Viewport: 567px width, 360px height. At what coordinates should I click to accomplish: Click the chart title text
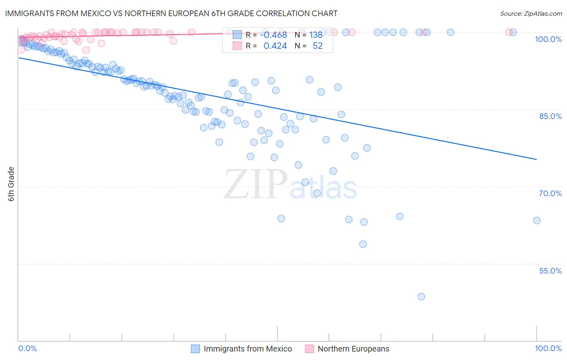point(171,13)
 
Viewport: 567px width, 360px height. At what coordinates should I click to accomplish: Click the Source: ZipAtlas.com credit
point(531,13)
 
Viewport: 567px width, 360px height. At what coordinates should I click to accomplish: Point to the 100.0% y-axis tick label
point(548,39)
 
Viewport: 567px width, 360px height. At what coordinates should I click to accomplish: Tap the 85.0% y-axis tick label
point(550,116)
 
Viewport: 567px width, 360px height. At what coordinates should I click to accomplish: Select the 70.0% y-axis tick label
point(550,193)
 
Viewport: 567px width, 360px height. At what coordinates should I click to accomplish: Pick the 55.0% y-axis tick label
point(550,271)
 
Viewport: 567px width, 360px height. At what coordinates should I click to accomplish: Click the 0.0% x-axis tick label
point(27,348)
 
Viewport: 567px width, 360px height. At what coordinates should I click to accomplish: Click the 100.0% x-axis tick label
point(548,348)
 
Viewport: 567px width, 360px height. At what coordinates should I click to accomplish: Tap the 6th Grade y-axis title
point(11,184)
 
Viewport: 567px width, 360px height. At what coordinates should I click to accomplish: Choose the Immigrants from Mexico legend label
point(248,349)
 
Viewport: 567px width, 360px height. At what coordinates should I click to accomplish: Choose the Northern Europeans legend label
point(353,349)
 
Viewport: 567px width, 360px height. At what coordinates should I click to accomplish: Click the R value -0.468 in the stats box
point(273,35)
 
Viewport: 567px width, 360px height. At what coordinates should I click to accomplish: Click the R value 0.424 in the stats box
point(275,46)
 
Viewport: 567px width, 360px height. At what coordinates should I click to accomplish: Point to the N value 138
point(316,35)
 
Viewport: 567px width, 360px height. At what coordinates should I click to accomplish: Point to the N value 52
point(317,46)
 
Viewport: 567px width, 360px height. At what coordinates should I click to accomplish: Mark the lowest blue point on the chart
point(421,297)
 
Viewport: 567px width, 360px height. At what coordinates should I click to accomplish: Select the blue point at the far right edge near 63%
point(536,220)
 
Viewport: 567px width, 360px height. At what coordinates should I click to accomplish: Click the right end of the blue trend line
point(536,159)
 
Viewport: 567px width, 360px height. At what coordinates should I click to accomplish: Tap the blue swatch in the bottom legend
point(196,349)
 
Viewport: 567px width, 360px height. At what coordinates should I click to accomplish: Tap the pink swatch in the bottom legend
point(309,349)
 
